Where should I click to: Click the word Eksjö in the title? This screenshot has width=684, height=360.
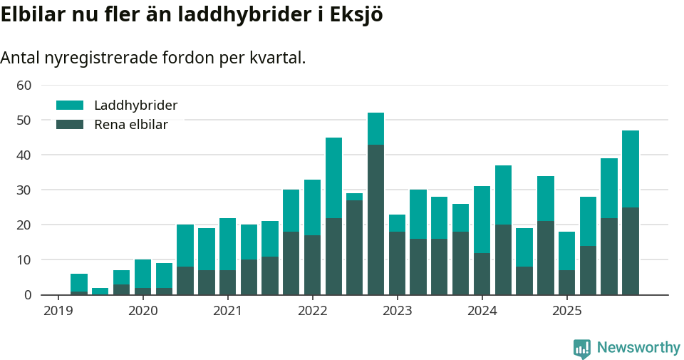(x=356, y=16)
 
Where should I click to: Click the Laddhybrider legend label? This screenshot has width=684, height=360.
(x=135, y=106)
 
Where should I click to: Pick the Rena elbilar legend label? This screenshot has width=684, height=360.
(x=130, y=125)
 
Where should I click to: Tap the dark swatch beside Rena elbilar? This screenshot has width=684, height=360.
(x=70, y=125)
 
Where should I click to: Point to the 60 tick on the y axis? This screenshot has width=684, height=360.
(x=24, y=86)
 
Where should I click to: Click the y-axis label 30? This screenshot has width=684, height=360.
(x=24, y=190)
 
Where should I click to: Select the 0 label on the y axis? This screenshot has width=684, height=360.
(x=28, y=295)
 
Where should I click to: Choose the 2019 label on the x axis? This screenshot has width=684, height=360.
(x=58, y=311)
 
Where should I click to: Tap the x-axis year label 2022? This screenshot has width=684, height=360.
(x=312, y=311)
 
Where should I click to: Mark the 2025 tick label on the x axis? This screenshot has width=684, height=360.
(x=567, y=311)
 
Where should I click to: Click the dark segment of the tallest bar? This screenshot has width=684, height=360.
(x=375, y=220)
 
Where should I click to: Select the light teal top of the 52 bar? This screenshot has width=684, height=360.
(x=375, y=129)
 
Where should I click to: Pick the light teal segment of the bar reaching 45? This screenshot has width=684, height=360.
(x=333, y=178)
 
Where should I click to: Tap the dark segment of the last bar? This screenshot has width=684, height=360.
(x=631, y=251)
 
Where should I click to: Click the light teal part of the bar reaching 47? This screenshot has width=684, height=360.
(x=631, y=169)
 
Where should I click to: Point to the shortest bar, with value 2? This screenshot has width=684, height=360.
(x=100, y=291)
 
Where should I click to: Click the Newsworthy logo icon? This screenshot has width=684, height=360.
(x=581, y=348)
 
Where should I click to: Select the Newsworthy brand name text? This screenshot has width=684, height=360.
(x=638, y=348)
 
